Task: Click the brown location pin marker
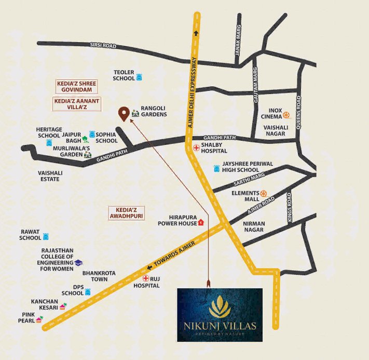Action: pos(124,113)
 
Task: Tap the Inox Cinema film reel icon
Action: pos(286,114)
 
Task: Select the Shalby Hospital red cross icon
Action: pos(196,148)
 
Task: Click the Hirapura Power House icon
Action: pos(201,222)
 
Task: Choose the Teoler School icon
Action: pos(139,77)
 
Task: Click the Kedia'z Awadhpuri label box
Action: pos(126,213)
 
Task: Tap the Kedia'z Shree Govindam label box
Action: pos(76,87)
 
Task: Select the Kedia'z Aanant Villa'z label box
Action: pos(77,103)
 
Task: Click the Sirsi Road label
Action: pos(102,46)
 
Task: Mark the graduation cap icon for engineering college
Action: pos(78,263)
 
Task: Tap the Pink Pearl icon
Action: pos(39,319)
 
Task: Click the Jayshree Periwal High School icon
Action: pos(216,169)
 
